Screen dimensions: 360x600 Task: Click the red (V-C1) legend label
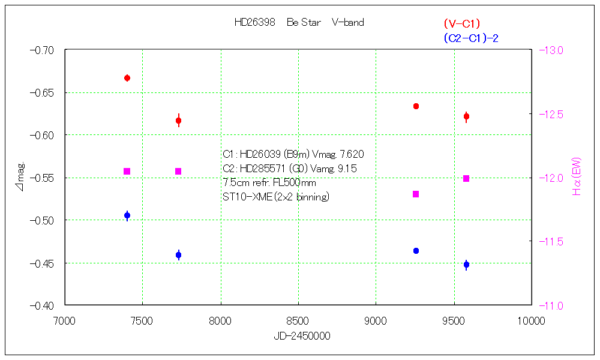[x=462, y=24]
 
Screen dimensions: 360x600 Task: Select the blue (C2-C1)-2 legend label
[x=471, y=38]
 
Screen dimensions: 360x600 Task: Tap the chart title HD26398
[x=254, y=23]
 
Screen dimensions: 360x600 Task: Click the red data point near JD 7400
[x=127, y=78]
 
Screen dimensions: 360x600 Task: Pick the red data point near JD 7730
[x=178, y=121]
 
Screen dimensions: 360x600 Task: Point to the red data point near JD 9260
[x=416, y=106]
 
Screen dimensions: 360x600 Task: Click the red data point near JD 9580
[x=466, y=116]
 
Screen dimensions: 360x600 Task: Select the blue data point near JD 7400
[x=127, y=215]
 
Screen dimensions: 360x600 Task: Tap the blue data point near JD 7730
[x=178, y=255]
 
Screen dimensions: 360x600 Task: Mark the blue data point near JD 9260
[x=416, y=251]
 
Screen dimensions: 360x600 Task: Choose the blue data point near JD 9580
[x=466, y=265]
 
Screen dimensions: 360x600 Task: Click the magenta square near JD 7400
[x=127, y=172]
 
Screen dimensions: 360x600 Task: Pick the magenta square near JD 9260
[x=416, y=194]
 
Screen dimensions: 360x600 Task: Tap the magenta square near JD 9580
[x=466, y=178]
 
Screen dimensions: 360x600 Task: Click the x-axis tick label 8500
[x=298, y=321]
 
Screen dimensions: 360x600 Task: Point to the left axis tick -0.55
[x=41, y=178]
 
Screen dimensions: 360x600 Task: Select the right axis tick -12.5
[x=553, y=114]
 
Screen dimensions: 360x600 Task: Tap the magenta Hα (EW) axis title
[x=578, y=178]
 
